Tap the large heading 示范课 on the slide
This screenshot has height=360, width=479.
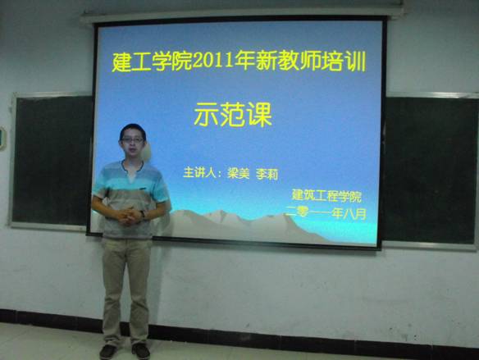[x=233, y=115]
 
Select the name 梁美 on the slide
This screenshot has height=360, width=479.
[x=239, y=173]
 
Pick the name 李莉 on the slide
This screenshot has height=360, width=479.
[x=267, y=174]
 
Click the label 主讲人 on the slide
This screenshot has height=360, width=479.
[x=198, y=172]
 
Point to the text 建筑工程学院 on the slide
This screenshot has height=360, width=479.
[x=326, y=196]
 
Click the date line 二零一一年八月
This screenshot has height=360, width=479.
[x=326, y=213]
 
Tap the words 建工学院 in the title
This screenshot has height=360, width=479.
[x=152, y=62]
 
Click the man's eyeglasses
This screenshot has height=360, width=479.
[x=132, y=140]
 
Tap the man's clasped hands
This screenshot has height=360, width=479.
[x=128, y=216]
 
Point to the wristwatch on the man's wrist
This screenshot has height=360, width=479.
[x=143, y=214]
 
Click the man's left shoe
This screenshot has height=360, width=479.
[x=140, y=351]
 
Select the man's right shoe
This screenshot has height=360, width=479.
[x=107, y=352]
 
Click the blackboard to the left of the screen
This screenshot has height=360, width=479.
[x=52, y=161]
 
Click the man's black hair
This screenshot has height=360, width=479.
[x=133, y=130]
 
